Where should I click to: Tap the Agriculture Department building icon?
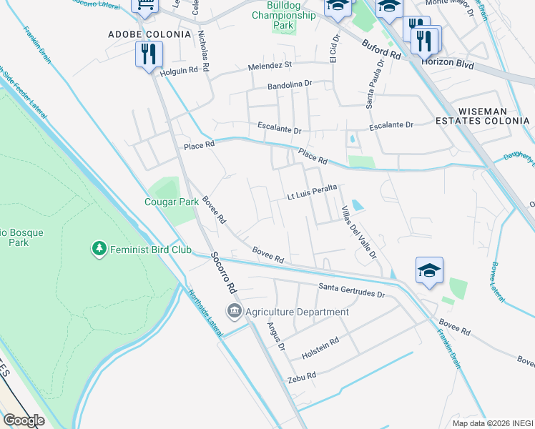pos(234,312)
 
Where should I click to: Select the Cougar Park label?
pos(171,202)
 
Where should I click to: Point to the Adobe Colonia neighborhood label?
pos(149,34)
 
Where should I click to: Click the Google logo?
pos(24,420)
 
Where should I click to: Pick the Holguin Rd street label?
pos(178,71)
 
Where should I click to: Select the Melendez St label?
pos(270,65)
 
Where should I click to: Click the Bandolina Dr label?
pos(290,84)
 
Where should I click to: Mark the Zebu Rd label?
pos(301,378)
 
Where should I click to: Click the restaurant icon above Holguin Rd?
pos(149,54)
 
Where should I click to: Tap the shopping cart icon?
pos(145,6)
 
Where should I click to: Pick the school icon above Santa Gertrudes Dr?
pos(429,270)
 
